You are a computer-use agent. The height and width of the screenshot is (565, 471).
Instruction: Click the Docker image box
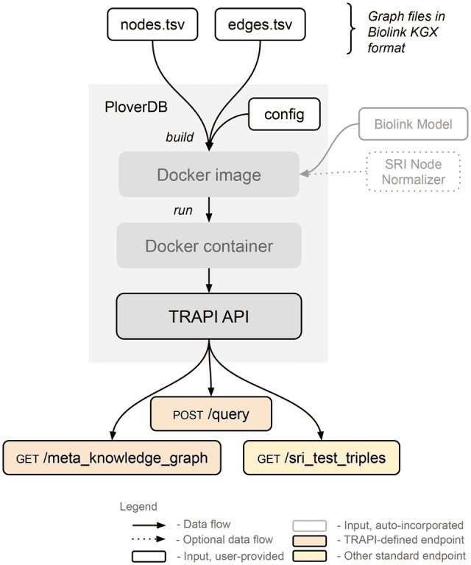tap(209, 175)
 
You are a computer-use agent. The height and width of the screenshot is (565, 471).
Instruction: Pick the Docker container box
tap(209, 245)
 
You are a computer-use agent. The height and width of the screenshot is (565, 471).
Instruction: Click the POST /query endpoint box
tap(210, 414)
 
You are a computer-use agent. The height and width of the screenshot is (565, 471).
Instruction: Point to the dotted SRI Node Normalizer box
tap(414, 171)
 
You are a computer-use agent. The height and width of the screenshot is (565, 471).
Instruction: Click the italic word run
tap(183, 210)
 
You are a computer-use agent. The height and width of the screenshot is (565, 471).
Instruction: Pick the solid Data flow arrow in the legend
tap(149, 525)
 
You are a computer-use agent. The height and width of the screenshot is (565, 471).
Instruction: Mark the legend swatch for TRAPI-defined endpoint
tap(309, 540)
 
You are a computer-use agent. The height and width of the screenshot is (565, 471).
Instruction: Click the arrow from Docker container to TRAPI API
tap(210, 280)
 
